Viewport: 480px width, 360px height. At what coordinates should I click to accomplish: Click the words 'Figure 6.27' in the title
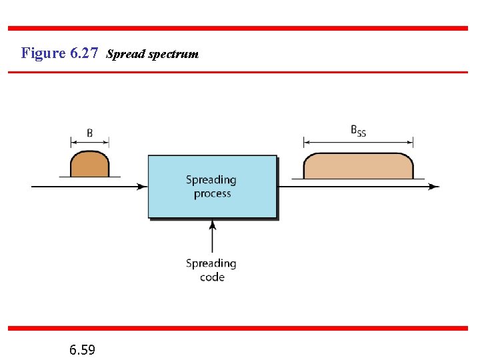click(59, 53)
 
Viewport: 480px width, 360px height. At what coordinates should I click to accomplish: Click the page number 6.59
click(82, 349)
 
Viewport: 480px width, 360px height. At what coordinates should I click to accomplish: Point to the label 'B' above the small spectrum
click(89, 133)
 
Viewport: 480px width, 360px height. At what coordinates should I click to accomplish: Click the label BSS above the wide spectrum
click(358, 131)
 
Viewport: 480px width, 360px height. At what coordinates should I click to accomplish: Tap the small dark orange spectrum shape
click(89, 165)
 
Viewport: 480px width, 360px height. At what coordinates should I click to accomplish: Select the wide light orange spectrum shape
click(358, 167)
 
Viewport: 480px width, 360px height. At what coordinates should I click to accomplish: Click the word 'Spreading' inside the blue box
click(211, 179)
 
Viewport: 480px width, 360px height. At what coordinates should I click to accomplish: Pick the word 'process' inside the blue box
click(212, 193)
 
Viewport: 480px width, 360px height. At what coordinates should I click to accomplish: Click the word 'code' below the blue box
click(212, 277)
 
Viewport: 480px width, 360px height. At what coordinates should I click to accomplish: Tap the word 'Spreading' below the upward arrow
click(211, 263)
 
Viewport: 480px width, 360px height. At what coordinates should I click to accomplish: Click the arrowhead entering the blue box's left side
click(143, 187)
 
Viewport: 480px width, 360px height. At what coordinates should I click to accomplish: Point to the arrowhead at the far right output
click(435, 187)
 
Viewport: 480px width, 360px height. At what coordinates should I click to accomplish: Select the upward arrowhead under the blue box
click(212, 225)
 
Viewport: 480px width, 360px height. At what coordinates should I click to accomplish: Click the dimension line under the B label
click(89, 142)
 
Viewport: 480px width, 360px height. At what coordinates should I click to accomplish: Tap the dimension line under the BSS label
click(358, 141)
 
